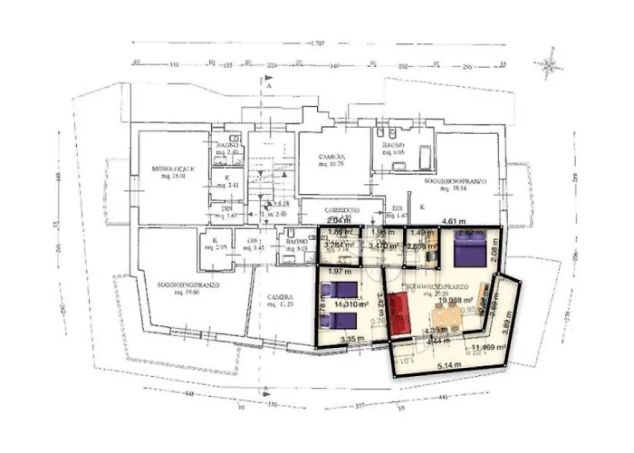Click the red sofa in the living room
399,313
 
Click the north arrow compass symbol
549,65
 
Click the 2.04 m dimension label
337,220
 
